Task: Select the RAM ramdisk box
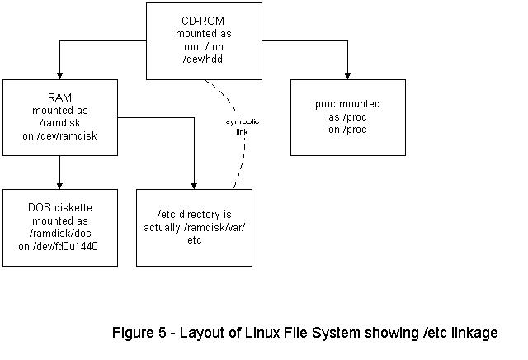60,117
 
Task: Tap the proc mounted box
347,117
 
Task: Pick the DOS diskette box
60,227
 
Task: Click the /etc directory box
194,227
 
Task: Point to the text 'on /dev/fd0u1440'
60,245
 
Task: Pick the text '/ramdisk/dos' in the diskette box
60,233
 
